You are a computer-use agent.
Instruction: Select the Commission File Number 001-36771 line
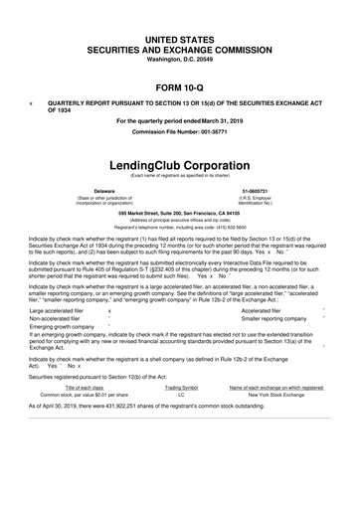(x=180, y=132)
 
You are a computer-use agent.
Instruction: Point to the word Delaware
(x=103, y=189)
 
